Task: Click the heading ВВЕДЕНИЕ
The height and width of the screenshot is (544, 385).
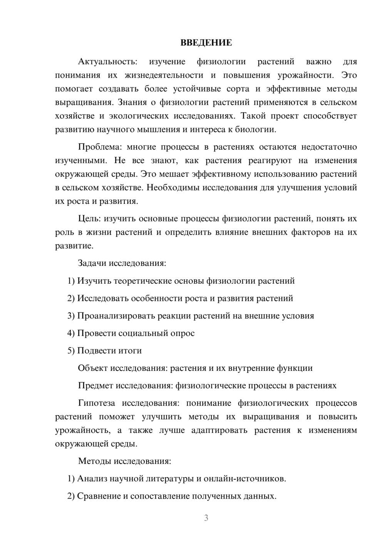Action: point(206,42)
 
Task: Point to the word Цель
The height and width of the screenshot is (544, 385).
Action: point(89,219)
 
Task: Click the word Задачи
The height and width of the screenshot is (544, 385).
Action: point(92,263)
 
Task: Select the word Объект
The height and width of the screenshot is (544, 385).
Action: point(93,368)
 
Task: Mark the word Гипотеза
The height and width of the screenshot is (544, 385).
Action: point(96,403)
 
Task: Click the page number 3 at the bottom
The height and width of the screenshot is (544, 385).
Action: point(206,518)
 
